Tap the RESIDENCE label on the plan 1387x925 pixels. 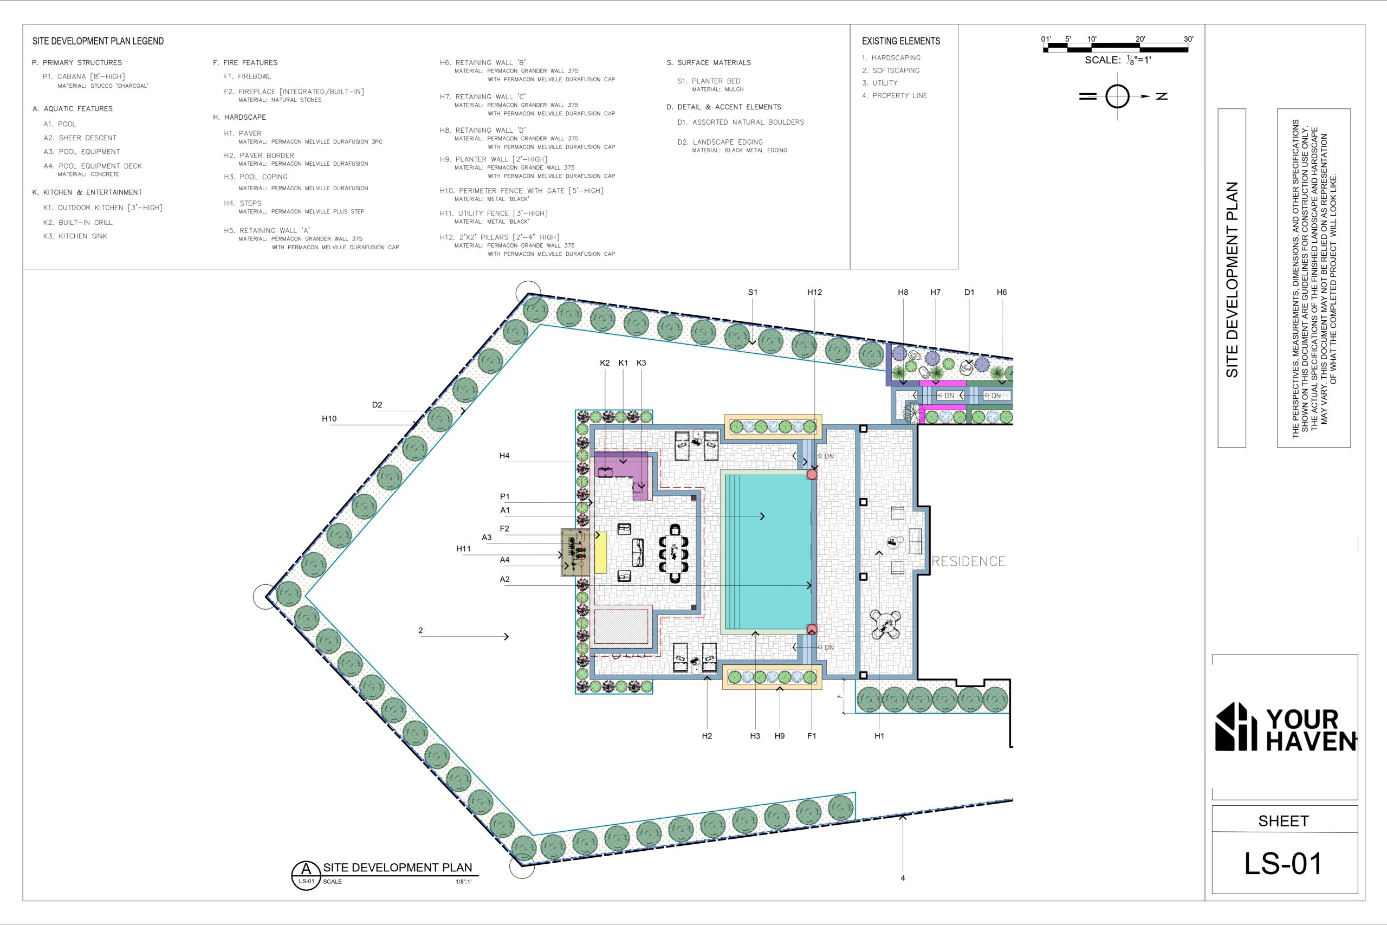[968, 561]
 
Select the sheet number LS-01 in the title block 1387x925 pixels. [1282, 863]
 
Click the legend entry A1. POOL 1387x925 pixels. [60, 124]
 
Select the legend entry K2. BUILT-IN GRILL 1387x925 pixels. [78, 222]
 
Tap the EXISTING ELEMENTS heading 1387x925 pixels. [901, 41]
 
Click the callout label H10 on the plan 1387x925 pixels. [329, 419]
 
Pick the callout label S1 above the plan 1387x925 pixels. [753, 292]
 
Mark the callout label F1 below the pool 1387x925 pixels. [812, 736]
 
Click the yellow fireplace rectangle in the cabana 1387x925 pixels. [601, 552]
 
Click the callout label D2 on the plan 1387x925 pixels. [377, 405]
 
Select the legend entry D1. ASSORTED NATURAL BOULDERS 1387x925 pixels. [741, 122]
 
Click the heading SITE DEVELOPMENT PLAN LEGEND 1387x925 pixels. [98, 41]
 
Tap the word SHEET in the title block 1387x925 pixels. [1283, 820]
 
